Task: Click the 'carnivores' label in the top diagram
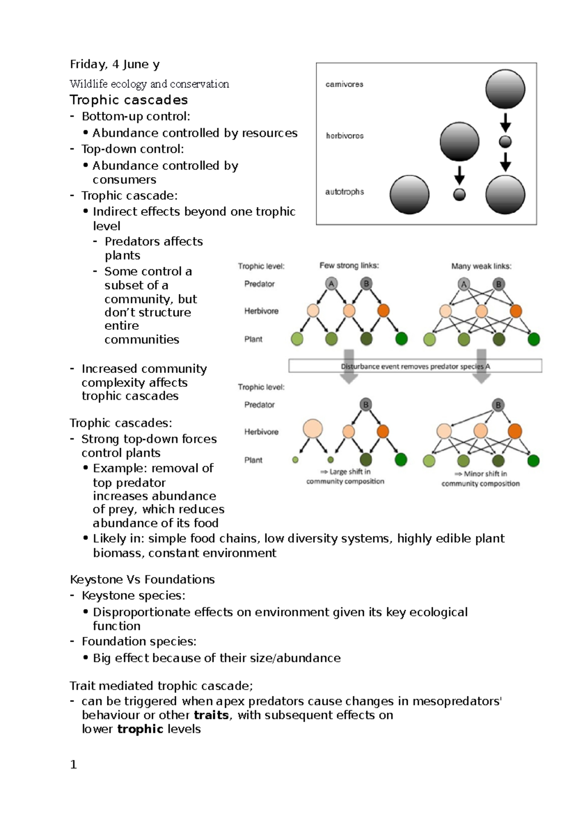[344, 84]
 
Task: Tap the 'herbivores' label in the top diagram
[345, 136]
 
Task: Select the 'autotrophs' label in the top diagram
[345, 192]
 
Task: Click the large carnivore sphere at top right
[505, 89]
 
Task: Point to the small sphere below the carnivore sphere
[505, 142]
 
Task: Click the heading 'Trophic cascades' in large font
[128, 100]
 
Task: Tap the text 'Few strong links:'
[349, 266]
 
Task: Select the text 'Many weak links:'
[481, 266]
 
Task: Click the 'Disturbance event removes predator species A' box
[415, 366]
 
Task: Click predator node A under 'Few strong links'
[331, 284]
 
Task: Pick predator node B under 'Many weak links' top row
[498, 284]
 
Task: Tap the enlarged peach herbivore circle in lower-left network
[312, 429]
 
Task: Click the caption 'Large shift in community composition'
[345, 476]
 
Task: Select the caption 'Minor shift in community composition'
[481, 478]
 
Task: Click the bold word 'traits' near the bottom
[211, 715]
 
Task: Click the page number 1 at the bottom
[73, 765]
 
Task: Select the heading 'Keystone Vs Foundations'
[142, 579]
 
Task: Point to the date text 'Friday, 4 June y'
[115, 64]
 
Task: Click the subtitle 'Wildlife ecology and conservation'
[149, 84]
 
